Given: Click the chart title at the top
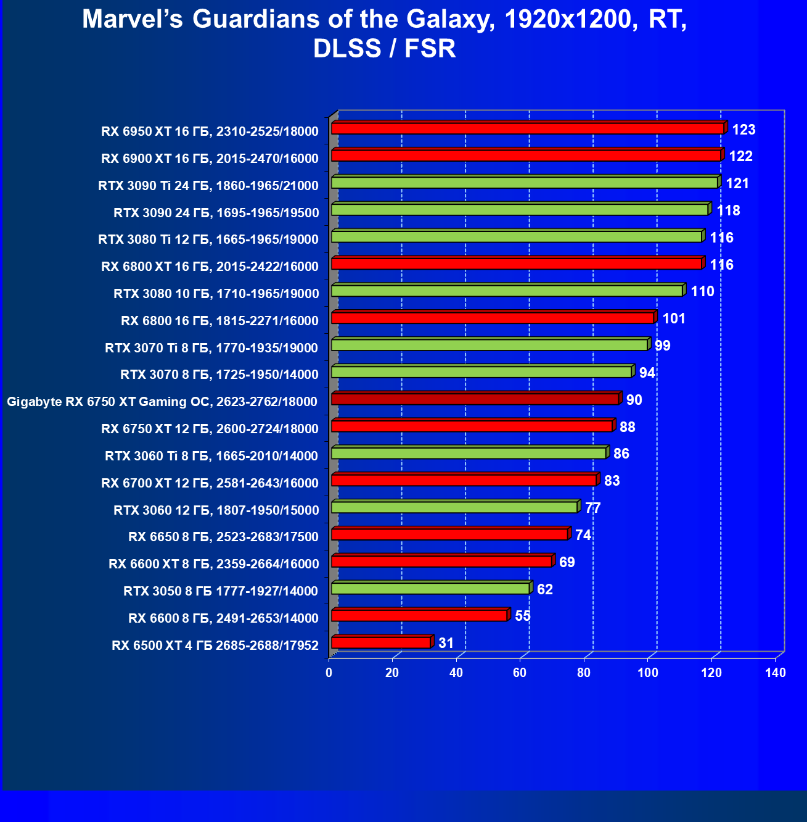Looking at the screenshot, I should coord(385,34).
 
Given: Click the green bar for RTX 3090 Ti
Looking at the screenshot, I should coord(524,183).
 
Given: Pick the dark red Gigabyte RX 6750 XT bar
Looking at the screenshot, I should coord(475,399).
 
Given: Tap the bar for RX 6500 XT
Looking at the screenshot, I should coord(381,643).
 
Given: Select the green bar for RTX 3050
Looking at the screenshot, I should coord(430,589).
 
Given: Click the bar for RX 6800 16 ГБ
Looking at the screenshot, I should coord(493,318).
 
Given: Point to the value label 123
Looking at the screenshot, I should coord(744,130).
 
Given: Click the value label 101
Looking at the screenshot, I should coord(674,318).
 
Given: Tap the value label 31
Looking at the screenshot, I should coord(446,643).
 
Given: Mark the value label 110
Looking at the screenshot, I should coord(702,291).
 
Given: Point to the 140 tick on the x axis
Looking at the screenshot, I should coord(776,673).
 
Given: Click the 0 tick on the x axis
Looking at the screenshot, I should coord(329,673).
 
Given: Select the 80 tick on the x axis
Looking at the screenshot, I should coord(584,673).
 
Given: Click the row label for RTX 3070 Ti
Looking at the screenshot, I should coord(211,348).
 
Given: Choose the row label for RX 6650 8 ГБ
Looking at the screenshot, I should coord(223,537).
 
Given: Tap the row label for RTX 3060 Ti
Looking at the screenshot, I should coord(211,456).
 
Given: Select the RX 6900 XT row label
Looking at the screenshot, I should coord(210,159).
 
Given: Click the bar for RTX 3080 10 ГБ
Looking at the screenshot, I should coord(507,291).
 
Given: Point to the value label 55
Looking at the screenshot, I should coord(522,616).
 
